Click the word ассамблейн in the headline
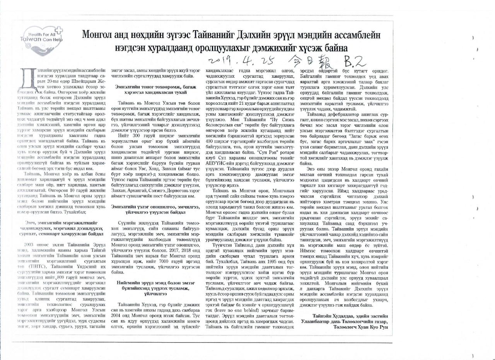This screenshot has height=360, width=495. [357, 35]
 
